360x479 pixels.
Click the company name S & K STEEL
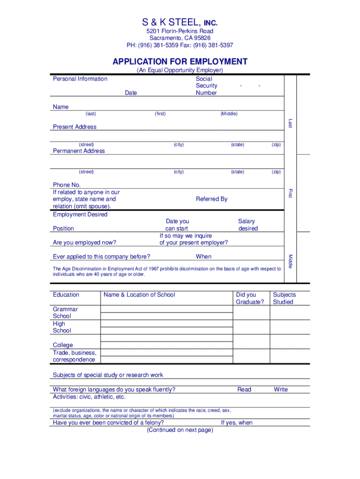(x=172, y=22)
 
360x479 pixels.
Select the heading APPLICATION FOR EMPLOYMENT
(x=180, y=62)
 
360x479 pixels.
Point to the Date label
(x=131, y=93)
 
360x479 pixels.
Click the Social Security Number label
(x=206, y=86)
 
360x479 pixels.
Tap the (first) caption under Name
(x=160, y=114)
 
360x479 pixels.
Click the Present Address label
(x=75, y=127)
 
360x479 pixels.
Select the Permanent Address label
(x=79, y=151)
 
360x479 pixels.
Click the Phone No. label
(x=67, y=185)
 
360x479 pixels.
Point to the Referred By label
(x=211, y=199)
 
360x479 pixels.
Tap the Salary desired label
(x=248, y=225)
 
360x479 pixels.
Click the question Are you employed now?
(x=85, y=242)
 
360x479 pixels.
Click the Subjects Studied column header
(x=284, y=298)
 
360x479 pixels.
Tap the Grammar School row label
(x=65, y=312)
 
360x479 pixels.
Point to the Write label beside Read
(x=281, y=389)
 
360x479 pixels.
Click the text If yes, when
(x=237, y=422)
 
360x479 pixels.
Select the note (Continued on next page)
(x=180, y=430)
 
